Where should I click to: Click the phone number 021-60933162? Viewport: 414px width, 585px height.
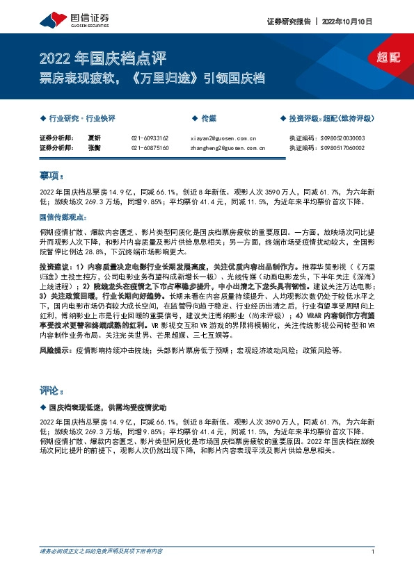(x=150, y=138)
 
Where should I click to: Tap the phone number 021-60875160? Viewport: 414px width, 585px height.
(x=150, y=147)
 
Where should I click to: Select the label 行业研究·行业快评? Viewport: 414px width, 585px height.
(x=78, y=119)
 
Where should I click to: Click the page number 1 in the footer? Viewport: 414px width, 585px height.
(x=373, y=552)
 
